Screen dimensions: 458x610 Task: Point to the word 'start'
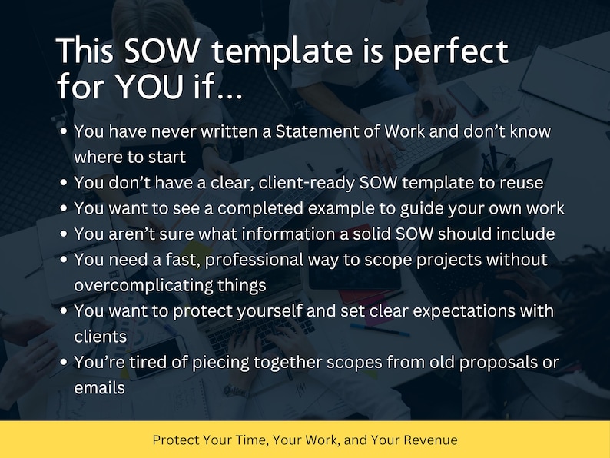pos(167,158)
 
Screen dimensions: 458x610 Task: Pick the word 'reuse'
pos(522,183)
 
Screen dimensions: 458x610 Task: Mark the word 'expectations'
pos(452,312)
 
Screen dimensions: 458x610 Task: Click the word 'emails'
pos(99,389)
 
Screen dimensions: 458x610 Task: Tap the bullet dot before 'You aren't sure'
pos(65,234)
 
